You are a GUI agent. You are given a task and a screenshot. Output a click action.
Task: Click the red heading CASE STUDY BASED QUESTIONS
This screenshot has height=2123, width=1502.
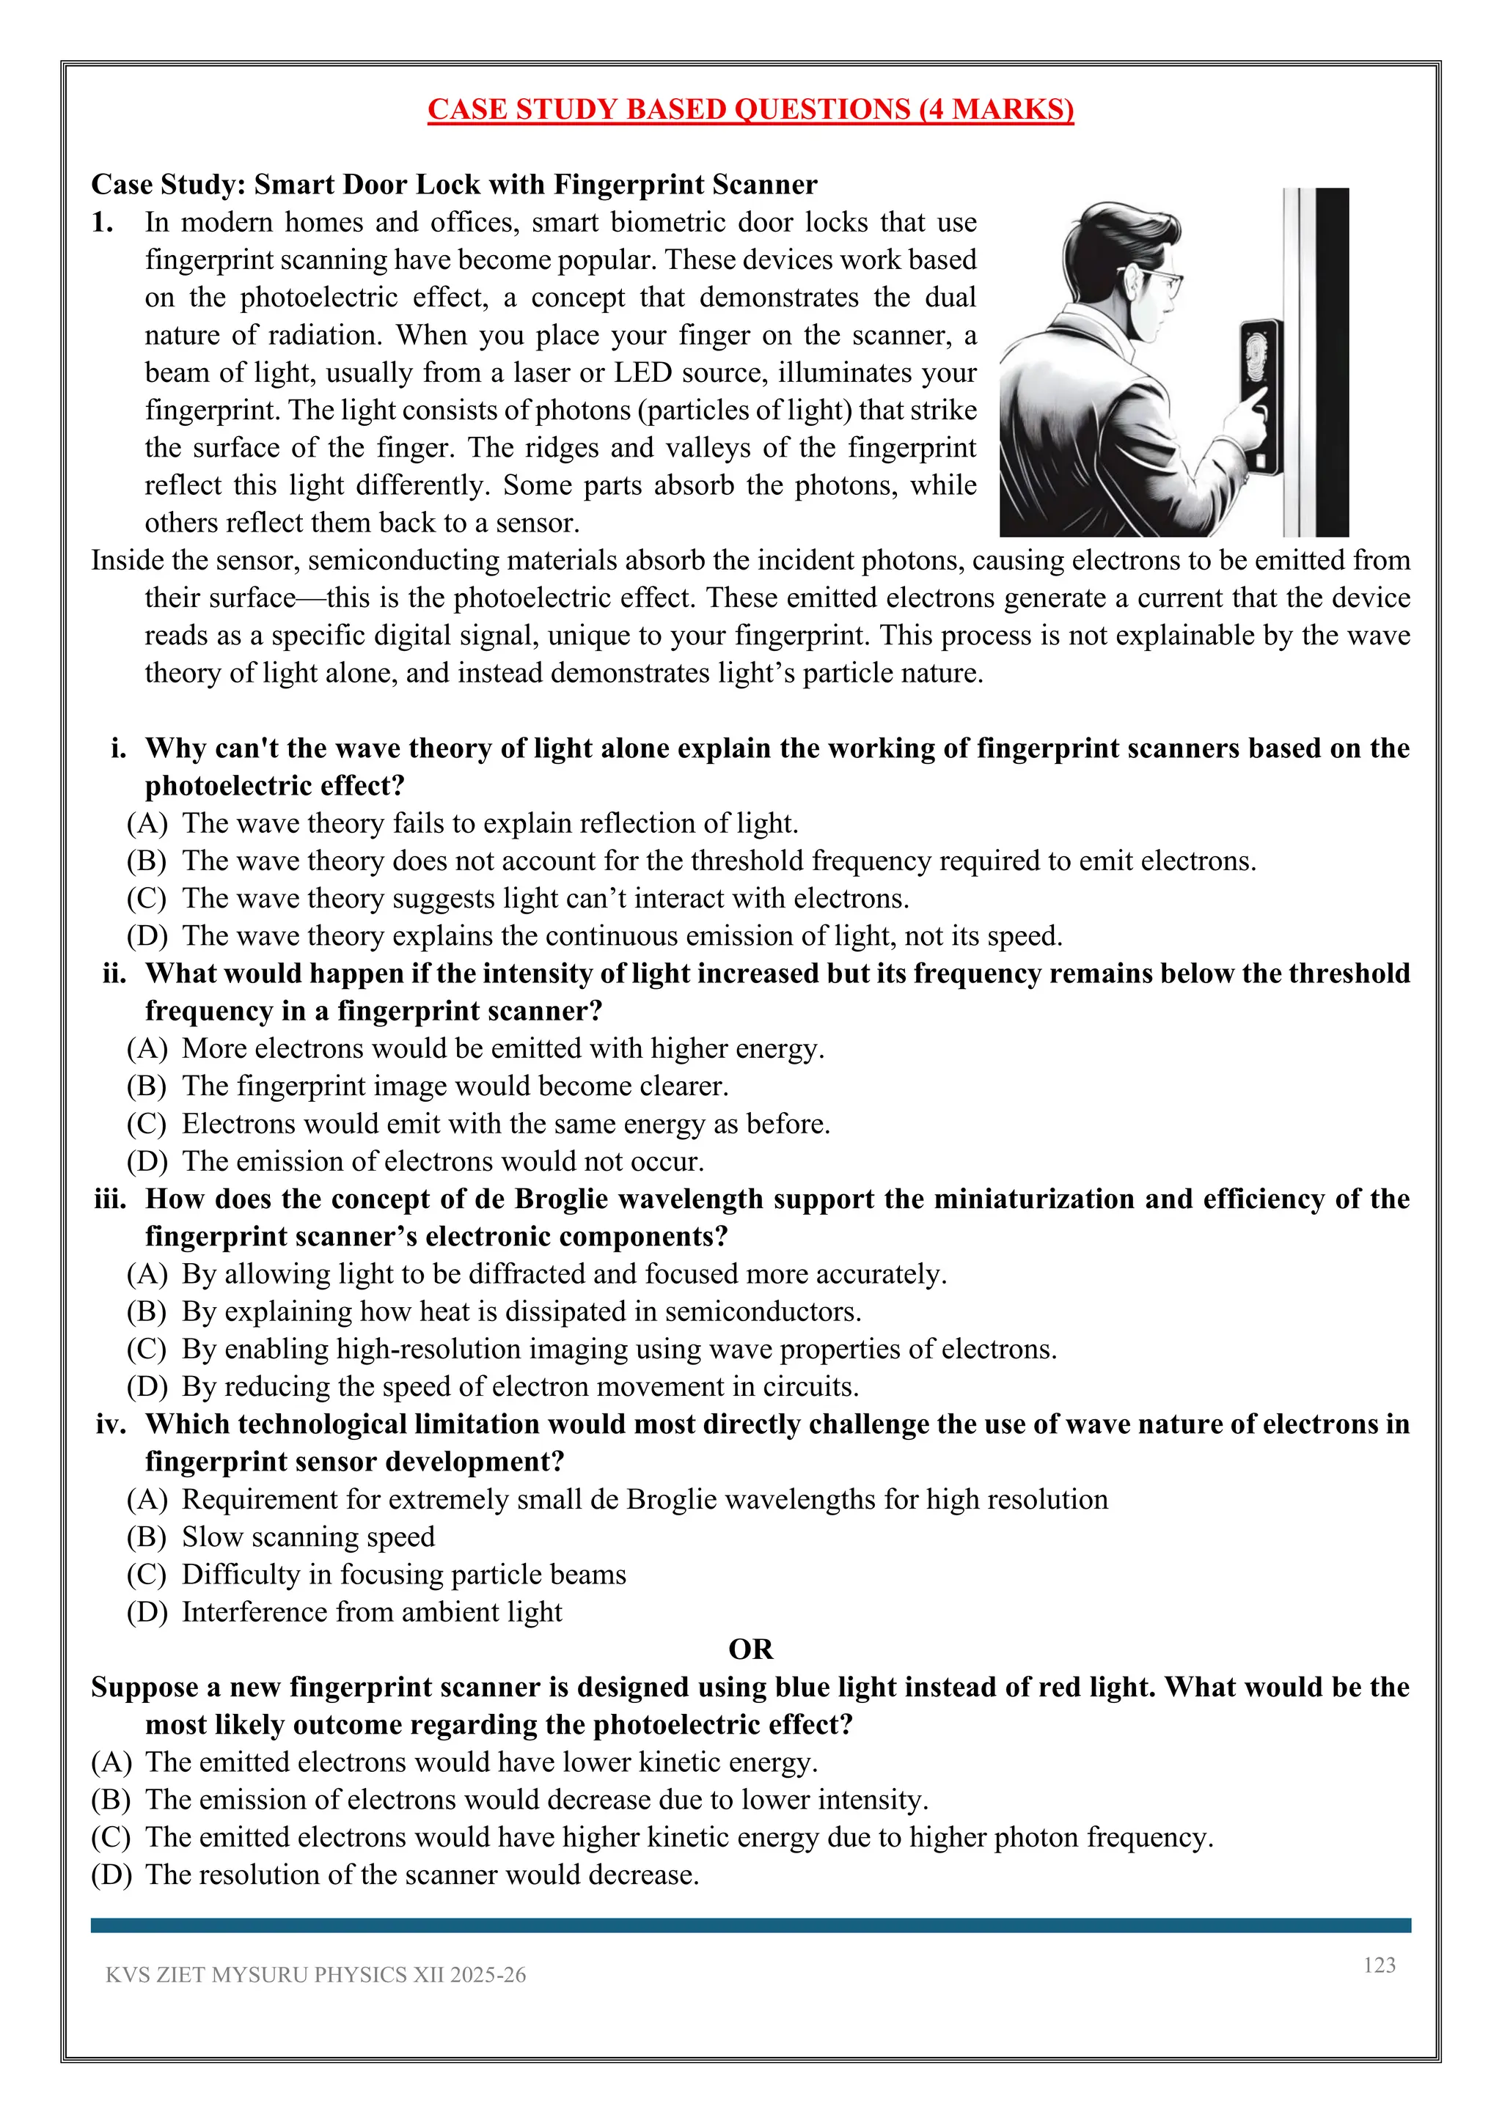tap(750, 109)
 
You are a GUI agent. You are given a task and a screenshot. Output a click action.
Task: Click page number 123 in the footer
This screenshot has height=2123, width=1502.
tap(1379, 1965)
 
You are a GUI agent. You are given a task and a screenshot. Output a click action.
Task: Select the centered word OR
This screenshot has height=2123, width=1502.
tap(750, 1649)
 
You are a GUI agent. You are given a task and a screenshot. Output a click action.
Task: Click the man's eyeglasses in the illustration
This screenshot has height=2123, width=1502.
tap(1167, 284)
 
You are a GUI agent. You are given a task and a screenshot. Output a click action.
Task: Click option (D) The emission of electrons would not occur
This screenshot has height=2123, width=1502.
tap(442, 1161)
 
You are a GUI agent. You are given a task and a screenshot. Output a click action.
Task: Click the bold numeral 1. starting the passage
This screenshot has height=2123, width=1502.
tap(103, 222)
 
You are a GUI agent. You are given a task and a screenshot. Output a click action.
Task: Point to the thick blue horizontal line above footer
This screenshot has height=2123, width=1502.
tap(750, 1924)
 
